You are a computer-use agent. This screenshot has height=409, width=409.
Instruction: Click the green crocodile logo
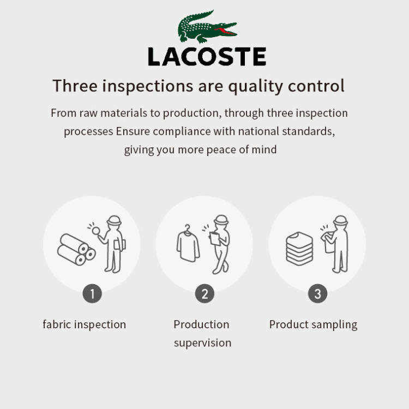207,27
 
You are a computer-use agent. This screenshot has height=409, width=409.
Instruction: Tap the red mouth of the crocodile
226,31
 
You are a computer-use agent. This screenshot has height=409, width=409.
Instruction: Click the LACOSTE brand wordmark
207,57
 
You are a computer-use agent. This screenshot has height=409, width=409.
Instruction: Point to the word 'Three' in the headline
75,86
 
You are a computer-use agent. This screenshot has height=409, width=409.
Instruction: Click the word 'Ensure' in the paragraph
133,131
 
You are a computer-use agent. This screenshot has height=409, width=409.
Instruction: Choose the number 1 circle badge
92,293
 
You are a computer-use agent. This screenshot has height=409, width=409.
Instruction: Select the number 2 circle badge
204,293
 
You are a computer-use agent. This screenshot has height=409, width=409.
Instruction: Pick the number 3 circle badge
317,293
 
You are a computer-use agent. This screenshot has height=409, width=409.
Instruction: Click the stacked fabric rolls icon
76,249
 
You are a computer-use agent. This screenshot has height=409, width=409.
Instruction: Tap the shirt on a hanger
188,243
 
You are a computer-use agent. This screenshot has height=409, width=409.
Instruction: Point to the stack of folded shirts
299,249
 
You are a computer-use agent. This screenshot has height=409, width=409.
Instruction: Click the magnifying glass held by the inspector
96,231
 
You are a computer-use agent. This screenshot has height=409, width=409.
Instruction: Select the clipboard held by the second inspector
215,238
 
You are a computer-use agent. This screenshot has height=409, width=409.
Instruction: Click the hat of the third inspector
340,220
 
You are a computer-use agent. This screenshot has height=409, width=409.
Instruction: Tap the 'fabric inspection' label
84,325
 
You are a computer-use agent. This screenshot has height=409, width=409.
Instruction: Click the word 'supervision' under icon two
203,343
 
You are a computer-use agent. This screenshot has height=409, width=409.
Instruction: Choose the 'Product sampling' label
313,325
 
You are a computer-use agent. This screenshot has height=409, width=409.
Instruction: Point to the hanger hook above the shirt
187,228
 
